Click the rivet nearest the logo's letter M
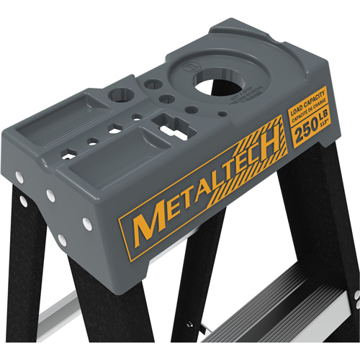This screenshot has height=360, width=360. point(87,225)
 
